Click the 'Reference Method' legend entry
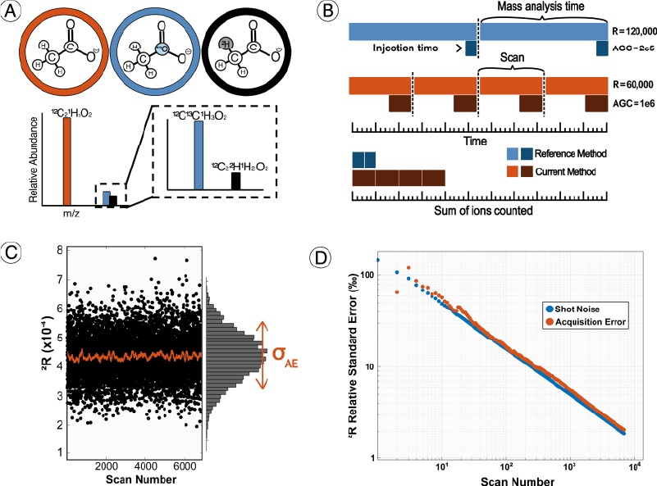click(572, 153)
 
